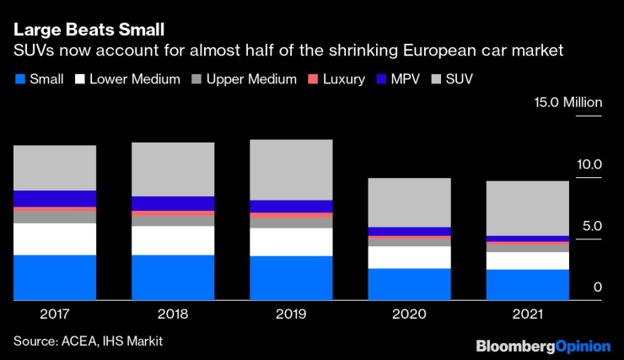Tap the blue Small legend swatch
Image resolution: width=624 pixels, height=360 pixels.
click(x=20, y=80)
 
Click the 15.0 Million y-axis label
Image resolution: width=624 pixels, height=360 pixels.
click(x=566, y=104)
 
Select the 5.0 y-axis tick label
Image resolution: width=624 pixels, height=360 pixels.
click(x=590, y=226)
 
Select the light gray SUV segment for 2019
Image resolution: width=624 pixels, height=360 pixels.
click(x=291, y=169)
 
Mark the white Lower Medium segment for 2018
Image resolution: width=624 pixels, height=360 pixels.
click(x=173, y=240)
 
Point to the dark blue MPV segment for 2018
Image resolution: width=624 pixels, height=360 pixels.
click(x=173, y=203)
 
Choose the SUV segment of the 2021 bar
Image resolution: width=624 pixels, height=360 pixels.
click(x=527, y=208)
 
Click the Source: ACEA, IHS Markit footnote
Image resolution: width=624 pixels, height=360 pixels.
click(x=88, y=341)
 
